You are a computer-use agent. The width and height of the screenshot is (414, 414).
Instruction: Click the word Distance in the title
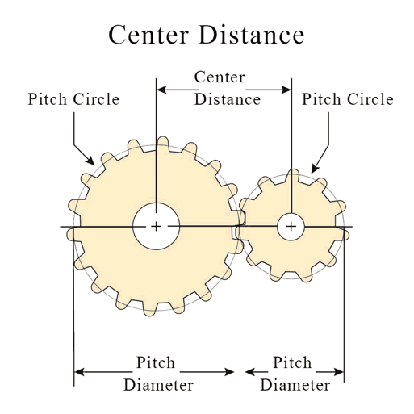coord(256,35)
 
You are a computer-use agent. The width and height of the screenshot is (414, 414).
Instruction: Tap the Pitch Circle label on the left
coord(73,100)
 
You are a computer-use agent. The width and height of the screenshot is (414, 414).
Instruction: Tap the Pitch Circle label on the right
coord(347,100)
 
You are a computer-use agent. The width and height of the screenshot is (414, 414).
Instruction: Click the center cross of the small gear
coord(291,227)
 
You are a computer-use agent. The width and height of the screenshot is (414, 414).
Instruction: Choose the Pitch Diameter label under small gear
coord(294,374)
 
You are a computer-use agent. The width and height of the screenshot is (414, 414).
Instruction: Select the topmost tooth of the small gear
coord(293,174)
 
